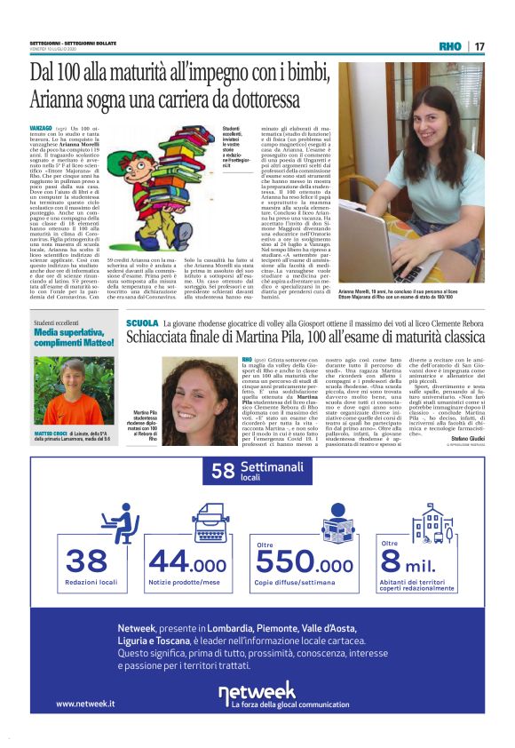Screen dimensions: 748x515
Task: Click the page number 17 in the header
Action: (x=479, y=46)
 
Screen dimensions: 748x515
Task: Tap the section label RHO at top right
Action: (x=451, y=46)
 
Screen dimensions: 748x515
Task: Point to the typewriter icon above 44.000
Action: (x=187, y=521)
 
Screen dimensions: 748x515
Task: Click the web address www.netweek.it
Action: (x=85, y=704)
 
